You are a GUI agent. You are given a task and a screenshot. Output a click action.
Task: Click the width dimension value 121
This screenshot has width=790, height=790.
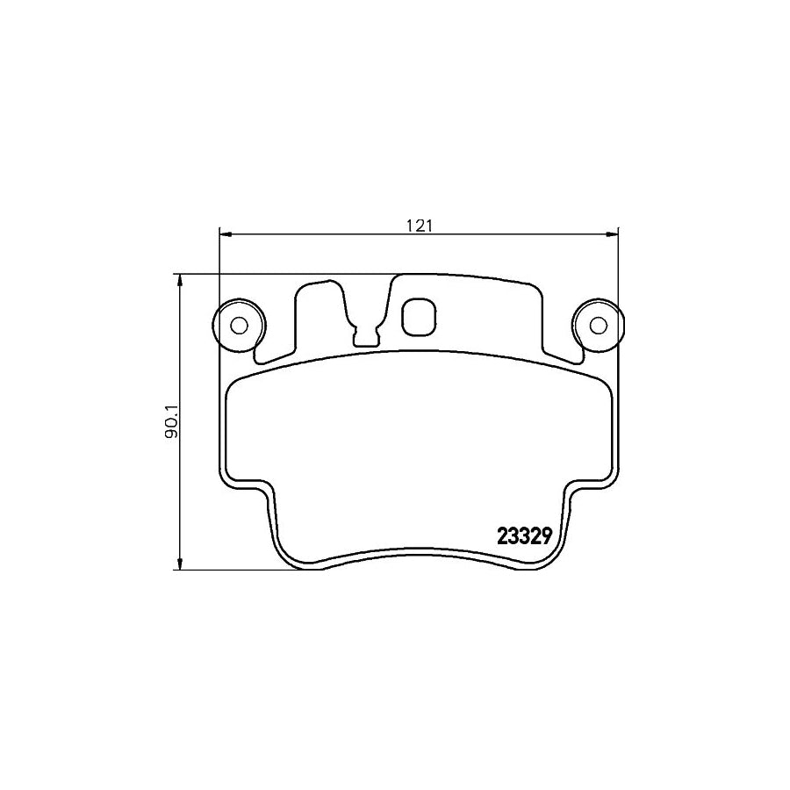(420, 225)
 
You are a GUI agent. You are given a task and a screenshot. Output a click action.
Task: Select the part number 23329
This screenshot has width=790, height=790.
(523, 536)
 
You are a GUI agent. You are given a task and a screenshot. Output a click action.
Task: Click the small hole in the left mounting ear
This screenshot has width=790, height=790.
(237, 325)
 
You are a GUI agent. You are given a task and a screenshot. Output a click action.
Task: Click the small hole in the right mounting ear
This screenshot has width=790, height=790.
(598, 325)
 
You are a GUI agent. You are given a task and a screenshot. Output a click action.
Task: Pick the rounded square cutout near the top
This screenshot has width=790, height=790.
(418, 318)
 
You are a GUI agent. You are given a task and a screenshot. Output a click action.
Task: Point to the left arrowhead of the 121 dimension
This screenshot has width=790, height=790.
(225, 234)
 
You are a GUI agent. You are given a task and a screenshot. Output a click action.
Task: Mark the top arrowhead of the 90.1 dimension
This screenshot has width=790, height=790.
(181, 280)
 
